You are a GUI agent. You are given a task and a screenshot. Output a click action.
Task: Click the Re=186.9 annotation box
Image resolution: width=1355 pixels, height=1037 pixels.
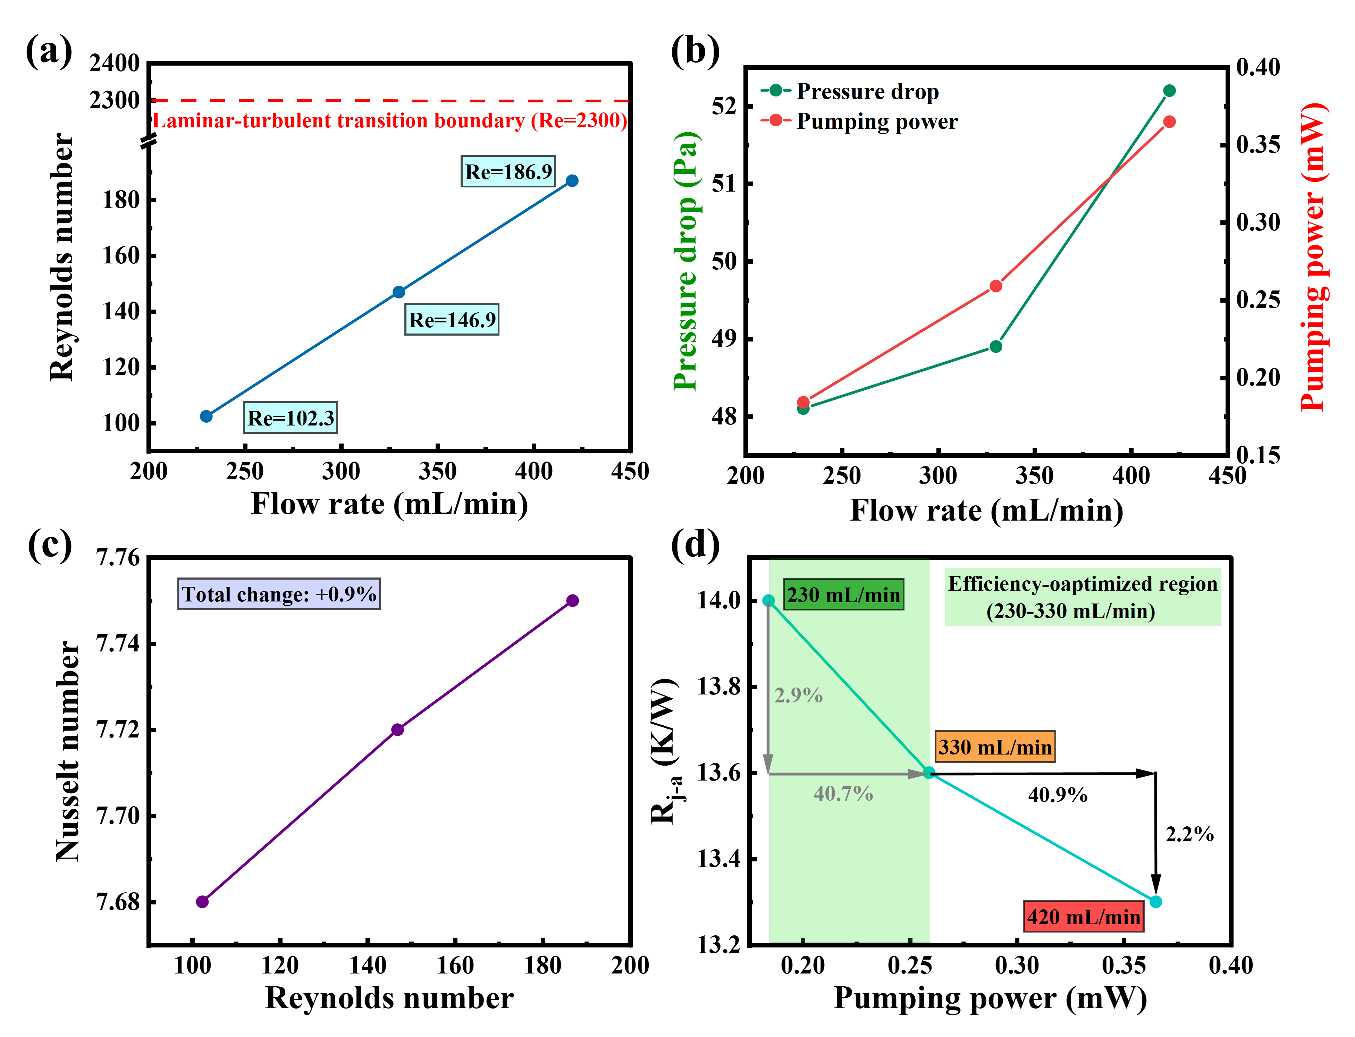[x=508, y=171]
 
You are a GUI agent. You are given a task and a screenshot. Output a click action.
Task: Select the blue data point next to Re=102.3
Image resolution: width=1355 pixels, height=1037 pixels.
[x=206, y=417]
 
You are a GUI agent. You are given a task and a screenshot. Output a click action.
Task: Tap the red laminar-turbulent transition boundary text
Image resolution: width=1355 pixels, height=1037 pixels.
[x=389, y=120]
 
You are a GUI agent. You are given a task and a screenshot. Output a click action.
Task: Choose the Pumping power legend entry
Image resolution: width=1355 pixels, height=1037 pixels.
[x=877, y=121]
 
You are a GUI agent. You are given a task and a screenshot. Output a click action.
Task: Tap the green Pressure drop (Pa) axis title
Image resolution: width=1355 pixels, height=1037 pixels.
[x=685, y=261]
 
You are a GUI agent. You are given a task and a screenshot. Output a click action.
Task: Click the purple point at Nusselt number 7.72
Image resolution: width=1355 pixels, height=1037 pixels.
[x=397, y=730]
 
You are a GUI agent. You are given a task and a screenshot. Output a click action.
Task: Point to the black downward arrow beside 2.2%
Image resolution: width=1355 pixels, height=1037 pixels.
[x=1156, y=833]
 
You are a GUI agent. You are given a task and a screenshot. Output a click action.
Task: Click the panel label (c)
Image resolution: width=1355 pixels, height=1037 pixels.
[x=49, y=545]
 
